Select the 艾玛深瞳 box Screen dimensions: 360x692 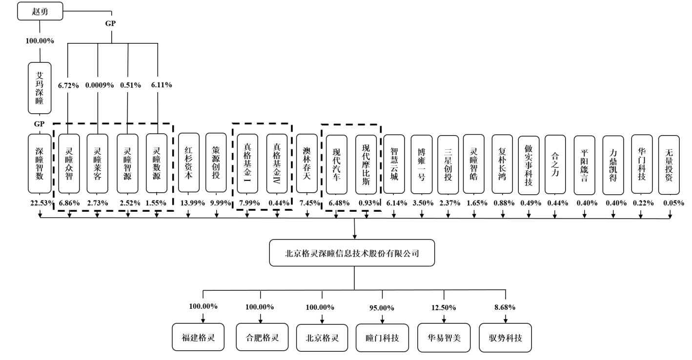point(39,88)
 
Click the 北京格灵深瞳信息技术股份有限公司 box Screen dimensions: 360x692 point(352,253)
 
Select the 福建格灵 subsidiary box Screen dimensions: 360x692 point(199,337)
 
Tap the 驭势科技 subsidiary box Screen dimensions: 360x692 point(505,337)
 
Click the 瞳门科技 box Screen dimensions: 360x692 point(382,337)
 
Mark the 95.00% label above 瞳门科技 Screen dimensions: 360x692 point(382,307)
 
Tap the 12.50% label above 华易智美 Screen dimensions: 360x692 point(444,307)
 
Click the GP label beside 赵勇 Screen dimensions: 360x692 point(111,23)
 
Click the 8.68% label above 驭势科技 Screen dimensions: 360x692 point(505,307)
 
